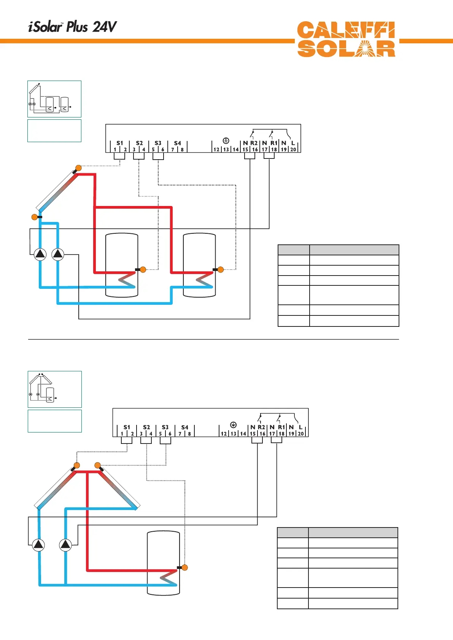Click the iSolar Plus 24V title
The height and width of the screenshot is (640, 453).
click(x=72, y=27)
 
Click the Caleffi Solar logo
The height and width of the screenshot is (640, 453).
click(x=346, y=40)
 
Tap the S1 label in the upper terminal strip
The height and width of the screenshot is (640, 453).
click(x=120, y=143)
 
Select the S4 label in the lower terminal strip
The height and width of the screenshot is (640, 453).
click(x=184, y=427)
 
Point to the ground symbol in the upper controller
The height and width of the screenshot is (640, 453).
click(x=226, y=141)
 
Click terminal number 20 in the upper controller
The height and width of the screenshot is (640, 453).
click(x=293, y=149)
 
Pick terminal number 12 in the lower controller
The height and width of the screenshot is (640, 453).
click(x=224, y=434)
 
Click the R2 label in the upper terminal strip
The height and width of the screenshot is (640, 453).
click(x=254, y=143)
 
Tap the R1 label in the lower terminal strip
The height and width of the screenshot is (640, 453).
click(x=281, y=427)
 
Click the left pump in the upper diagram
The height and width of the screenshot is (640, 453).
click(x=40, y=254)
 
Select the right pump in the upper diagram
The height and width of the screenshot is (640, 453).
click(x=58, y=254)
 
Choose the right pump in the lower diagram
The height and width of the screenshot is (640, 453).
click(x=65, y=545)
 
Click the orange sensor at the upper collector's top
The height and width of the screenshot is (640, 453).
click(x=78, y=168)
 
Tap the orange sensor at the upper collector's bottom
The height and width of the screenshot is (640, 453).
click(x=35, y=217)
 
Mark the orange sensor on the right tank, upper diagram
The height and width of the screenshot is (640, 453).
click(x=221, y=269)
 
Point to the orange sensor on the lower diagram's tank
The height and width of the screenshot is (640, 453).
click(x=184, y=567)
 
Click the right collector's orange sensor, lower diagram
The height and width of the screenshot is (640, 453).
click(x=97, y=465)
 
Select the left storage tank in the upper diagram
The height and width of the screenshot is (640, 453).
click(x=122, y=265)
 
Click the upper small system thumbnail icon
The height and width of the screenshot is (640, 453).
click(x=54, y=99)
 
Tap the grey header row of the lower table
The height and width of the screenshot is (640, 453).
click(x=337, y=532)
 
